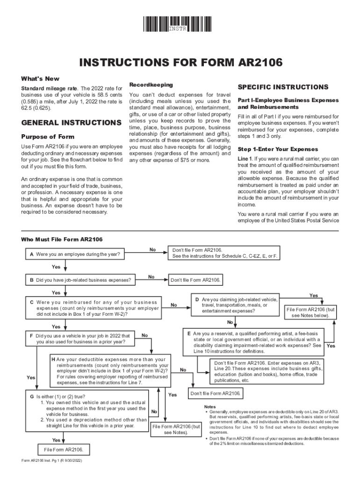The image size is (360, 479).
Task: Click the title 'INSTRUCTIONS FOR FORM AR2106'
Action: [180, 64]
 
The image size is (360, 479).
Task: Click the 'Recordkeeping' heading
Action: [151, 85]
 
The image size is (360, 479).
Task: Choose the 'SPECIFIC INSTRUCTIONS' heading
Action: [283, 87]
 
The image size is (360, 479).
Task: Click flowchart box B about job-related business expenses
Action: [80, 280]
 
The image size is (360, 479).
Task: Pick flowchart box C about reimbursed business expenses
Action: [94, 308]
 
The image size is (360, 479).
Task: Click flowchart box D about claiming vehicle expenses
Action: [234, 305]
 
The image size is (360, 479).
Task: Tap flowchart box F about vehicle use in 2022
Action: [80, 339]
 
